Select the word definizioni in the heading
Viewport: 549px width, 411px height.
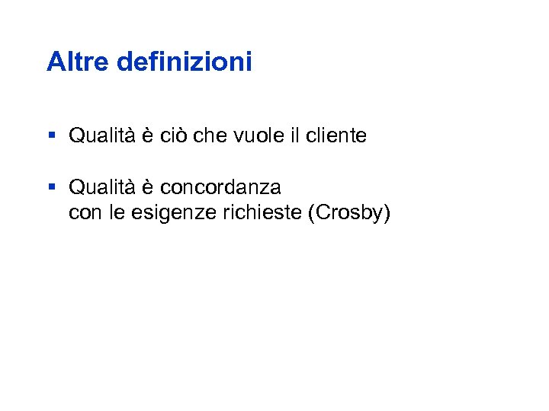coord(184,62)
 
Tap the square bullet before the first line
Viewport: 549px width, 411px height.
coord(51,135)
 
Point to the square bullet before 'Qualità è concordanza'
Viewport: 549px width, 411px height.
coord(51,186)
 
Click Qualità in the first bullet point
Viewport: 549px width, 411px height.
coord(102,136)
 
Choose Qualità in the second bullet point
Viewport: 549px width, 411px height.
coord(102,186)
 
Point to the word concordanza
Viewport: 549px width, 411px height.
coord(220,186)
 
